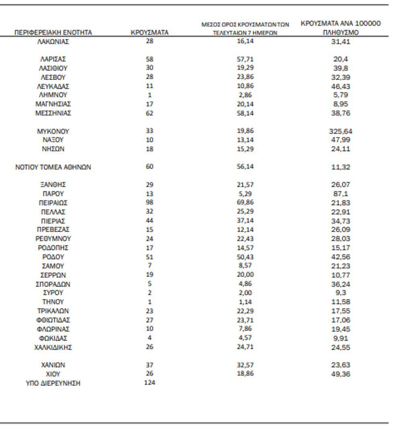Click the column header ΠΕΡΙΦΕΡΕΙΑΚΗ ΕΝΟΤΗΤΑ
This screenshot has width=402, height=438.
pos(53,33)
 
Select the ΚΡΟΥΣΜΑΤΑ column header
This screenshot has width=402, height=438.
pos(150,33)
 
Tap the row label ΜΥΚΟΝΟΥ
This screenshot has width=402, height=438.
pos(53,131)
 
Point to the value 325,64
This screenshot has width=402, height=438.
pos(340,131)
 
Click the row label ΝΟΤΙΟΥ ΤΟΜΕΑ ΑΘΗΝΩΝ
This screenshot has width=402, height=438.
pos(53,167)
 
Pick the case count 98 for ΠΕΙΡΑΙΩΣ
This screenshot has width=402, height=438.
pos(150,202)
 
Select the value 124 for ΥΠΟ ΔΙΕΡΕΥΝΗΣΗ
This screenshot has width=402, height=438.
pos(150,383)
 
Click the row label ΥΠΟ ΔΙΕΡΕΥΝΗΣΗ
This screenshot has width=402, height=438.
pos(53,383)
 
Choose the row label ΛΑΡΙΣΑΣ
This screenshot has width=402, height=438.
pos(53,59)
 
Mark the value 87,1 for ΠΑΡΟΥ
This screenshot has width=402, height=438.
pos(340,194)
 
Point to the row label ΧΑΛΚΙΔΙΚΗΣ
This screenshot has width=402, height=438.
pos(53,347)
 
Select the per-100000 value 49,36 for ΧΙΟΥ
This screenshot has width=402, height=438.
pos(340,374)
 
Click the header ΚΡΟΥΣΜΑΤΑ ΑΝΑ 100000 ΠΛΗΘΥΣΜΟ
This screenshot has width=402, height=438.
pos(340,28)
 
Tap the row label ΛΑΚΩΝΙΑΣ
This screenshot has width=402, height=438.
pos(53,41)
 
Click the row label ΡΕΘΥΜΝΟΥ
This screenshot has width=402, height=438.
pos(53,238)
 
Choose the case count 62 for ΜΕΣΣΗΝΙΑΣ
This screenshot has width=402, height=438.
pos(150,113)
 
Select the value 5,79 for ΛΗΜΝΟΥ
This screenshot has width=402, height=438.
pos(340,95)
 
